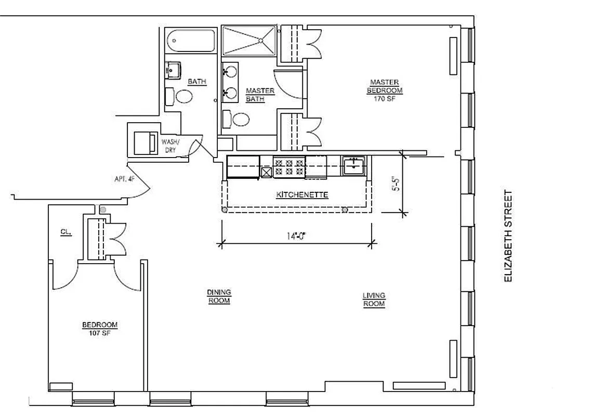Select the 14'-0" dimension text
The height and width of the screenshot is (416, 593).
[297, 235]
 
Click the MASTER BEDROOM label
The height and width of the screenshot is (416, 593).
[385, 86]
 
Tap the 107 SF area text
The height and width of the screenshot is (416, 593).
[100, 333]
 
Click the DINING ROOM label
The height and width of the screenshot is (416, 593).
[219, 296]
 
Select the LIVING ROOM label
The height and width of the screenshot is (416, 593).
[374, 300]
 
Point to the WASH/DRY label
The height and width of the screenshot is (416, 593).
[170, 146]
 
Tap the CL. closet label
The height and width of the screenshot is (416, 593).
[65, 232]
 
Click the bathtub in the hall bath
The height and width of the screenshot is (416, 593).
[191, 41]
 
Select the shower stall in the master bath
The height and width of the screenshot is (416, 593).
[249, 40]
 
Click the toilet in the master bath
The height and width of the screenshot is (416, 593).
[237, 120]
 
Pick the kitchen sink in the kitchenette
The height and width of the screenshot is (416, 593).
[354, 167]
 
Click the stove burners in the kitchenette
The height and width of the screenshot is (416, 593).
[289, 166]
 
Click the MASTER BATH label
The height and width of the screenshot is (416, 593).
[260, 95]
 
